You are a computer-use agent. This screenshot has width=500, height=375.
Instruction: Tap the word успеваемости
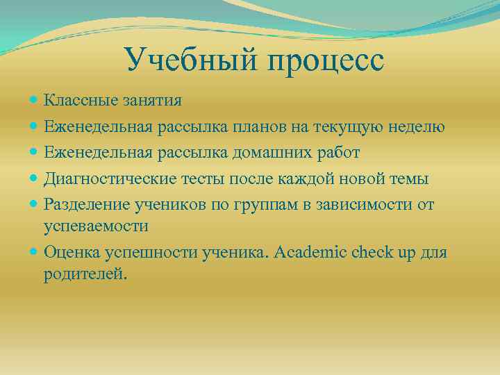tap(96, 226)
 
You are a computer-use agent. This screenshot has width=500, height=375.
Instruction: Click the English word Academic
tap(313, 252)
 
